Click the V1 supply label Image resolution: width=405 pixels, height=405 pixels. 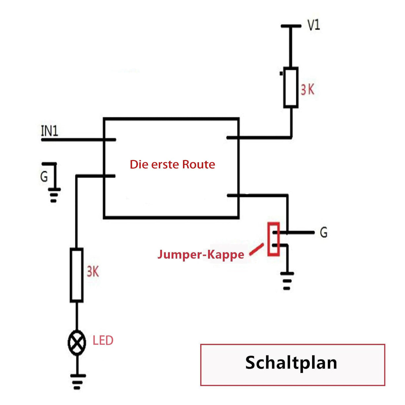click(x=314, y=25)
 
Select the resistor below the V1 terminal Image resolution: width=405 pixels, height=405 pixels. click(x=291, y=87)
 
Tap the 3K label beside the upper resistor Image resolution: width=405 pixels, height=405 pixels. click(x=307, y=90)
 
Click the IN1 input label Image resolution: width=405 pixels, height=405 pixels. click(x=49, y=131)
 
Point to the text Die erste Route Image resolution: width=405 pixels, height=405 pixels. click(x=172, y=164)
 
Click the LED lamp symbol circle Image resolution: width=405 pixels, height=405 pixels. click(x=77, y=343)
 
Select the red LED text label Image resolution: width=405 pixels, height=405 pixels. click(x=103, y=340)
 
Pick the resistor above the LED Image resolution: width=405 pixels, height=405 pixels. click(x=77, y=275)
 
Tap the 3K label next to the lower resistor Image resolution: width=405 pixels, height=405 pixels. click(x=93, y=272)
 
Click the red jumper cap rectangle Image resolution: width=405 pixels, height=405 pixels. click(x=273, y=239)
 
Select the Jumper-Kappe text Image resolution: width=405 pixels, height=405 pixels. click(x=201, y=255)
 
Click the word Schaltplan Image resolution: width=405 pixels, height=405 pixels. click(x=291, y=362)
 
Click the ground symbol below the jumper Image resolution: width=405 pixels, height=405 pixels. click(x=287, y=281)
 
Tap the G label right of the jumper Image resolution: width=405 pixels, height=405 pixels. click(x=324, y=232)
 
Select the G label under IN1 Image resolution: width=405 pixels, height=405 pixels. click(x=44, y=176)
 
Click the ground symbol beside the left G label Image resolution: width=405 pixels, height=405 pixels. click(x=54, y=195)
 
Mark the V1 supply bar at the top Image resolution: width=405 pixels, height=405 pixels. click(x=291, y=26)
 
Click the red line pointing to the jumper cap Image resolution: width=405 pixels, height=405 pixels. click(x=256, y=249)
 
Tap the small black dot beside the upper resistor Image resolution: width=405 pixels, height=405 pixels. click(x=281, y=73)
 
